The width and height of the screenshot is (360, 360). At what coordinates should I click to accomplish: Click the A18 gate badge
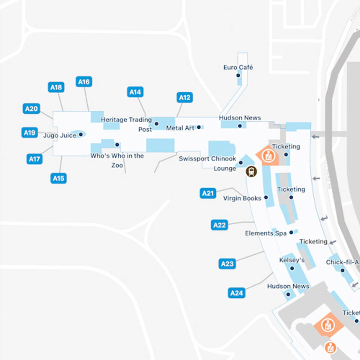pyautogui.click(x=56, y=87)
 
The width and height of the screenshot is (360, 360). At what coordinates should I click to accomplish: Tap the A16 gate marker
pyautogui.click(x=84, y=82)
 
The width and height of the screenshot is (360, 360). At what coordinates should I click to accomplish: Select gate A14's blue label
pyautogui.click(x=135, y=92)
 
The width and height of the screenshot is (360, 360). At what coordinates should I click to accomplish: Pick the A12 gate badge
pyautogui.click(x=184, y=97)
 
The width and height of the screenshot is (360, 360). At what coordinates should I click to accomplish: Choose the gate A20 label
pyautogui.click(x=31, y=109)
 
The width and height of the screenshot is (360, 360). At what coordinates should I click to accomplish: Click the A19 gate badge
pyautogui.click(x=29, y=133)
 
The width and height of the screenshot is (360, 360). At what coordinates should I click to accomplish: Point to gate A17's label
pyautogui.click(x=34, y=159)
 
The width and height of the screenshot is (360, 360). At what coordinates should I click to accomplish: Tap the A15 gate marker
pyautogui.click(x=58, y=178)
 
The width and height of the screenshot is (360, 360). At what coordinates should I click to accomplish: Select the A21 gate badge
pyautogui.click(x=208, y=193)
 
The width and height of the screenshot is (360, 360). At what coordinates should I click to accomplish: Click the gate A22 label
pyautogui.click(x=219, y=225)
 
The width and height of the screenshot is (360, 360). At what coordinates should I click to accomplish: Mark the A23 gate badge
pyautogui.click(x=227, y=264)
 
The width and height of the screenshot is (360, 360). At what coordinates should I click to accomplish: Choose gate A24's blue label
pyautogui.click(x=236, y=293)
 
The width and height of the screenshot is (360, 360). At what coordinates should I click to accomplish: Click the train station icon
pyautogui.click(x=251, y=172)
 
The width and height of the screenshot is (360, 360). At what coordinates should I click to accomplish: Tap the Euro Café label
pyautogui.click(x=238, y=67)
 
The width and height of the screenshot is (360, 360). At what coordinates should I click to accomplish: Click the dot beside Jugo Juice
pyautogui.click(x=81, y=135)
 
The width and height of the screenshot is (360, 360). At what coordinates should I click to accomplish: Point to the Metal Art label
pyautogui.click(x=180, y=128)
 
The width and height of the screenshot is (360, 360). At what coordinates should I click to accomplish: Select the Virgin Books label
pyautogui.click(x=242, y=198)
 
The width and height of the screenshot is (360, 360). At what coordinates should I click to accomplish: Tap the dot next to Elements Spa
pyautogui.click(x=291, y=232)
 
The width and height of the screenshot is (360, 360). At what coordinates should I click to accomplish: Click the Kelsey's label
pyautogui.click(x=292, y=260)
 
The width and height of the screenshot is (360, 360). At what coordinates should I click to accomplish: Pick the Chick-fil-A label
pyautogui.click(x=342, y=262)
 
